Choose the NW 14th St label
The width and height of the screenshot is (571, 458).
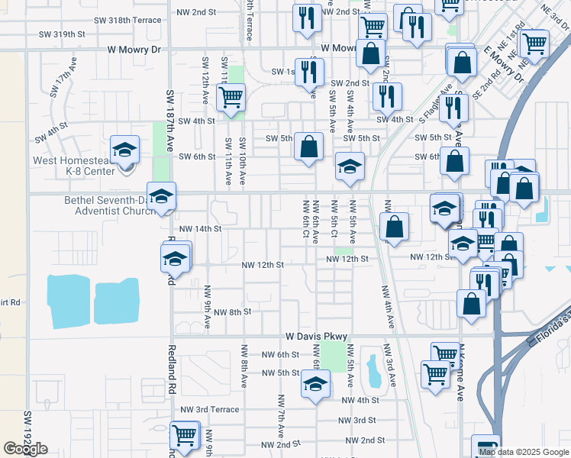(x=199, y=228)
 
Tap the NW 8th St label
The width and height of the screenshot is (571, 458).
(x=232, y=312)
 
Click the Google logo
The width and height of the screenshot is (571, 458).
(x=25, y=449)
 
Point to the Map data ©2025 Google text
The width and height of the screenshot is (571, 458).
(x=524, y=452)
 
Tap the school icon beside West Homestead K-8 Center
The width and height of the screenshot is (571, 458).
(x=124, y=149)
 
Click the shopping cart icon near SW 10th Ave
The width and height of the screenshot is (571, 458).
(x=230, y=97)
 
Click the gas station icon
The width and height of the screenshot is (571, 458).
(x=486, y=447)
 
